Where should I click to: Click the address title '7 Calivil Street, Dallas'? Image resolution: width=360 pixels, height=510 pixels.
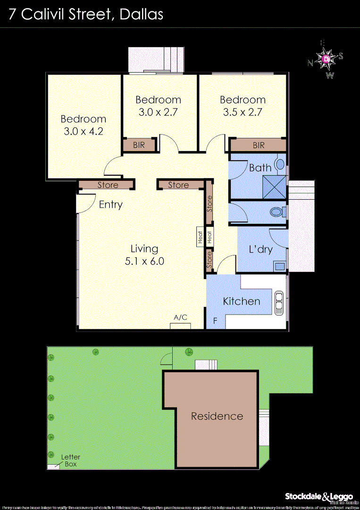click(86, 14)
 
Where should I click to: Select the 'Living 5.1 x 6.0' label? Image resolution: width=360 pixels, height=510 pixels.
click(144, 255)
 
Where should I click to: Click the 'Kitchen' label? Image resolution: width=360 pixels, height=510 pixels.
click(241, 301)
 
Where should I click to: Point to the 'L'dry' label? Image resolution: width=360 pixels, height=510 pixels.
click(260, 249)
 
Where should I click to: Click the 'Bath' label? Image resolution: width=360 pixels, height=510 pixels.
click(260, 168)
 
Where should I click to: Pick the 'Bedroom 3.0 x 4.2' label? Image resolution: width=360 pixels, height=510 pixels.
click(83, 125)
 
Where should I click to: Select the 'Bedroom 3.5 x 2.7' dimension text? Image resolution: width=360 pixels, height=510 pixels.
click(243, 112)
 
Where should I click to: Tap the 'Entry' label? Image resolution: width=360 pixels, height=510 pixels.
click(110, 204)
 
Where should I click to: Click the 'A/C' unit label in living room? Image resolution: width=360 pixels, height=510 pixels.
click(181, 318)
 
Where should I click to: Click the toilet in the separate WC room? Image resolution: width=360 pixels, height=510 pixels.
click(276, 212)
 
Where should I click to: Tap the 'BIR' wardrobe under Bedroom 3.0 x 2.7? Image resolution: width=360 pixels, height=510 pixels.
click(139, 145)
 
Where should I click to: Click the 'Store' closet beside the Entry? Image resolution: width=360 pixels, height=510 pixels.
click(108, 185)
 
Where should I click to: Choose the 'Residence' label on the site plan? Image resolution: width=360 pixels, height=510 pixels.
click(217, 416)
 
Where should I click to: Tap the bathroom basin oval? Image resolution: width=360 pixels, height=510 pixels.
click(280, 165)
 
